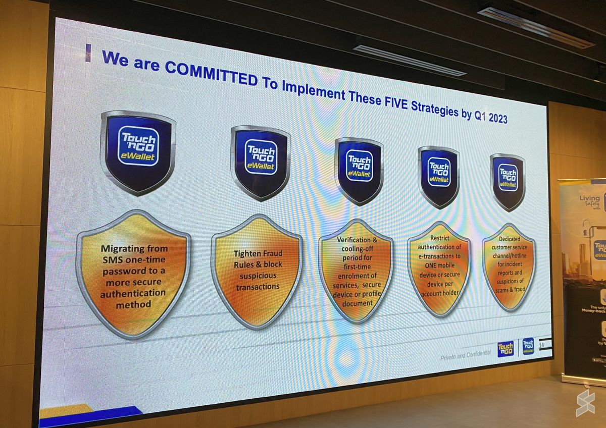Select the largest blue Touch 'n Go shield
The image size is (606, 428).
click(x=138, y=151)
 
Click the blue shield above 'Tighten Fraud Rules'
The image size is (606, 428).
click(x=261, y=161)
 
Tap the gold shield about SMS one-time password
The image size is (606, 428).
click(x=133, y=275)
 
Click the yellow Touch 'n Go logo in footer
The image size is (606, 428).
click(x=505, y=349)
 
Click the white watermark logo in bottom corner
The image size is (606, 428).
click(x=585, y=403)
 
